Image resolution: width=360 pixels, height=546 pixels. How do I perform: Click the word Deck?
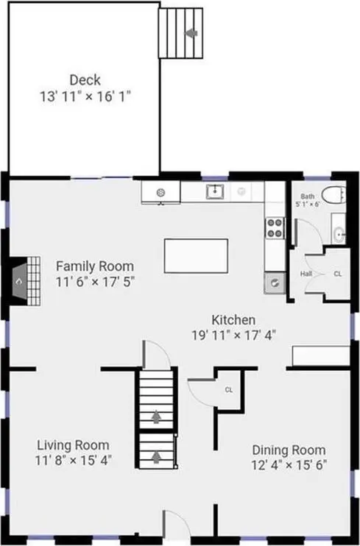coord(85,80)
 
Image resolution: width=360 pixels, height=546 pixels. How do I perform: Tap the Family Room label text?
coord(95,266)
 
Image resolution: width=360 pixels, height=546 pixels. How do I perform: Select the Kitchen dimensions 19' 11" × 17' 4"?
coord(233,336)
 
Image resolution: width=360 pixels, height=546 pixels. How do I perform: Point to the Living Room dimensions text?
coord(73,461)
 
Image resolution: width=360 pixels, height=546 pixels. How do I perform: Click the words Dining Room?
coord(289,450)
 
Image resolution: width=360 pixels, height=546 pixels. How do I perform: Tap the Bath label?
coord(308,196)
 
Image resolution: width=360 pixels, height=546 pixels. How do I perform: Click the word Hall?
coord(306,274)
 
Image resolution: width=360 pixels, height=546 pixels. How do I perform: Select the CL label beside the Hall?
coord(338,274)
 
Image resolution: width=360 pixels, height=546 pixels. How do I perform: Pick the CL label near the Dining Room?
coord(229,390)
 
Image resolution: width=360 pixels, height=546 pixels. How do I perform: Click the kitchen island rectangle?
coord(197,255)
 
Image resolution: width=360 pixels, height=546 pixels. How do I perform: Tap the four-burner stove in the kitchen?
coord(275,228)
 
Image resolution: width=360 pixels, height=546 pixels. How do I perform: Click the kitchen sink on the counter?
coord(215,191)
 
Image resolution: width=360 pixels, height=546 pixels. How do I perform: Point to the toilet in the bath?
coord(333,195)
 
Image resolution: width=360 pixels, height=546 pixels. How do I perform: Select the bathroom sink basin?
coord(339,235)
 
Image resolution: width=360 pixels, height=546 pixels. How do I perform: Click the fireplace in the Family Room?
coord(26,281)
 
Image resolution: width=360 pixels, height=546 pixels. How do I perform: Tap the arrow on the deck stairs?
coord(191,33)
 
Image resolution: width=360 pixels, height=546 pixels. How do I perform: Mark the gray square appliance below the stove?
coord(275,283)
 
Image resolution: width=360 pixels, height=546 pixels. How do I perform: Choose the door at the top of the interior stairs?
coord(156,354)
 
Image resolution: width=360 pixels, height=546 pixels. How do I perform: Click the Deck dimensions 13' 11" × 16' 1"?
coord(85,96)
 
